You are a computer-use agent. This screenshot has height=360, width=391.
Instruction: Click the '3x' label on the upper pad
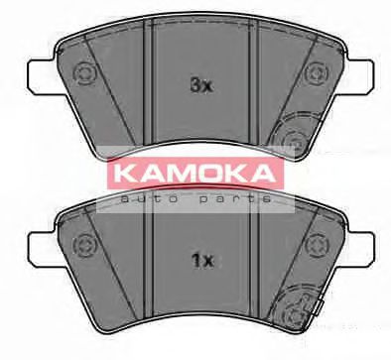pyautogui.click(x=201, y=86)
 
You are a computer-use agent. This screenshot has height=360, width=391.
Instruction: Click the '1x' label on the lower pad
pyautogui.click(x=201, y=262)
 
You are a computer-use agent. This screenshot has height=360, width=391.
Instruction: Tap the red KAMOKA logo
pyautogui.click(x=195, y=174)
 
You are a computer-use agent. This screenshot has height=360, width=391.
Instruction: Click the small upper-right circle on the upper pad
pyautogui.click(x=317, y=71)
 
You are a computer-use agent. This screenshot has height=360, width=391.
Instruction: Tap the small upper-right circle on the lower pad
pyautogui.click(x=317, y=242)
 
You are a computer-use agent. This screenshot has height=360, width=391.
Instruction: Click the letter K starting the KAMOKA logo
pyautogui.click(x=122, y=174)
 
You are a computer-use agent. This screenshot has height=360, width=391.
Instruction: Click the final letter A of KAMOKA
pyautogui.click(x=268, y=174)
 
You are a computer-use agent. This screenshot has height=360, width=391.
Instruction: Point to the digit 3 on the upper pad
pyautogui.click(x=195, y=86)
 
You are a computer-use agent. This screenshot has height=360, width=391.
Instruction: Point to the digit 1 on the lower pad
pyautogui.click(x=195, y=262)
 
